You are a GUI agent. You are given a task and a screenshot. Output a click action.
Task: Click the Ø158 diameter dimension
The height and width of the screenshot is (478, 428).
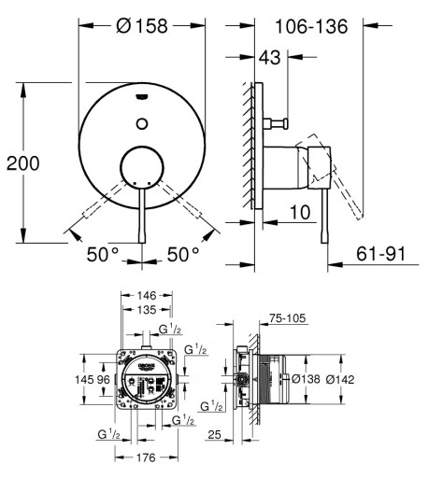(142, 26)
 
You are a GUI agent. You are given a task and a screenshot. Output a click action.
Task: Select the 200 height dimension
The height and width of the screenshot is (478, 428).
(23, 163)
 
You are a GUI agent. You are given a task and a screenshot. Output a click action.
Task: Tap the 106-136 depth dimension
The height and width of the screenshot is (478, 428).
(311, 26)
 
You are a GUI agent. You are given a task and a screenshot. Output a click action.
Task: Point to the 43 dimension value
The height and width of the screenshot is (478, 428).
(270, 57)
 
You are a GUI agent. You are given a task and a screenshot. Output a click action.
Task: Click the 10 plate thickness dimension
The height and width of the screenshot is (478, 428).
(300, 212)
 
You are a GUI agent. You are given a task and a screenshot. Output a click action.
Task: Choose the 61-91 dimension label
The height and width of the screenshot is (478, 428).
(381, 254)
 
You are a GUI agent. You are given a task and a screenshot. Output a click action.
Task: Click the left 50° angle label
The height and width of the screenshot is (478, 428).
(103, 254)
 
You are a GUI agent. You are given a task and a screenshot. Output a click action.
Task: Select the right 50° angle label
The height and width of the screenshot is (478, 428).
(183, 254)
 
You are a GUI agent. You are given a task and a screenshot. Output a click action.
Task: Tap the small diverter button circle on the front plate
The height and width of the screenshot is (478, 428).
(142, 123)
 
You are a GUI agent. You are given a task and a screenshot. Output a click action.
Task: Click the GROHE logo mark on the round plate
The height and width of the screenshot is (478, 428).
(142, 97)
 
